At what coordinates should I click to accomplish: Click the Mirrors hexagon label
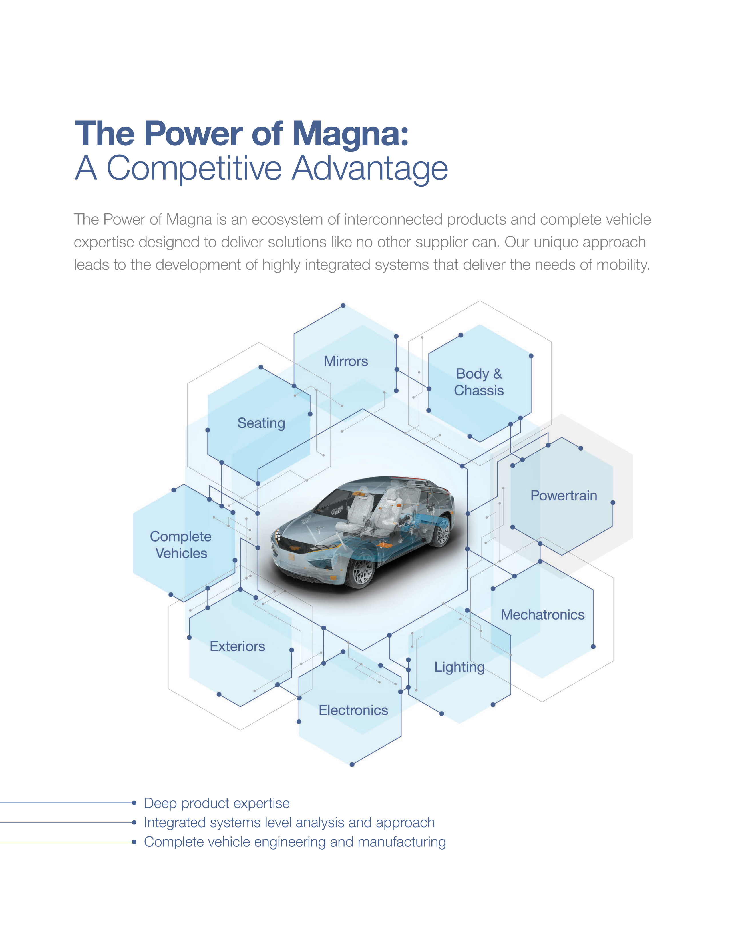click(346, 361)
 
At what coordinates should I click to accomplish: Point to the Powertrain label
click(564, 495)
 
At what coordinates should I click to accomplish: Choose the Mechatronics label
click(542, 614)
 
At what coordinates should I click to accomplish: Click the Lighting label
click(459, 667)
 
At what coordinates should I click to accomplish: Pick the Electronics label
click(353, 710)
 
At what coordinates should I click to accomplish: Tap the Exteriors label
click(237, 646)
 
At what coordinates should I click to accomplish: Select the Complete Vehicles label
click(181, 545)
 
